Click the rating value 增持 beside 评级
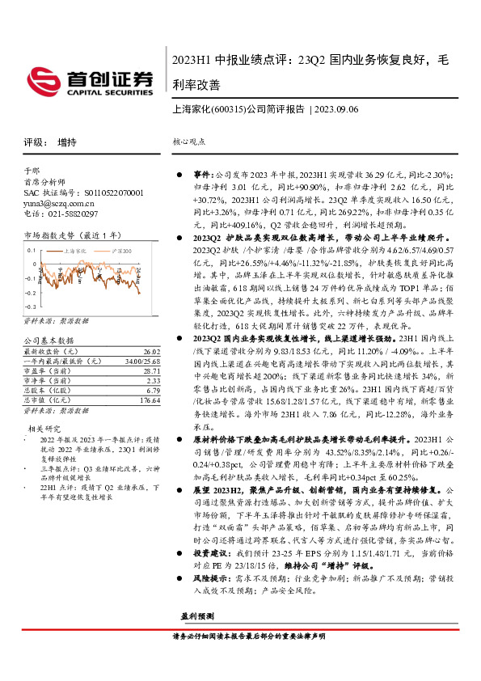tap(67, 142)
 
